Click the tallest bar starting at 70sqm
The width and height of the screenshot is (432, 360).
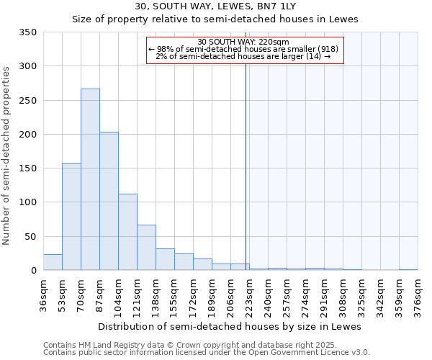point(90,179)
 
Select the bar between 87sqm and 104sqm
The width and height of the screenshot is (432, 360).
point(109,201)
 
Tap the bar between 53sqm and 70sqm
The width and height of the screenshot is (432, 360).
point(71,217)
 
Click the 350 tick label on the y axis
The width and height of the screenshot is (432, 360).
point(27,32)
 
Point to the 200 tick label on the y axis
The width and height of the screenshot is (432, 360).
point(27,135)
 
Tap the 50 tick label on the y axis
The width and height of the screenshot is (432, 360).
point(30,237)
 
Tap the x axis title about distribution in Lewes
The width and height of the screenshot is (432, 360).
point(230,326)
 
